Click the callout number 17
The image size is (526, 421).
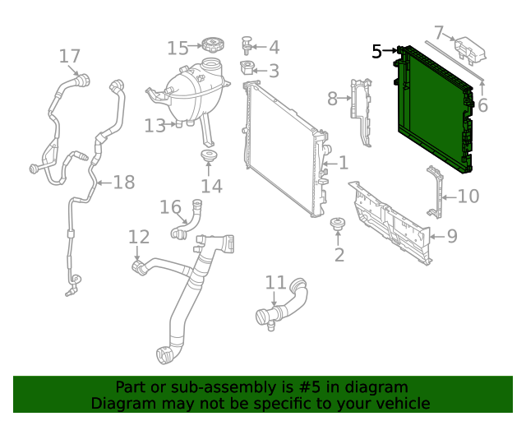tap(70, 56)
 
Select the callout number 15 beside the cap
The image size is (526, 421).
tap(178, 48)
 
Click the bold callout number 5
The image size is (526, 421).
tap(376, 52)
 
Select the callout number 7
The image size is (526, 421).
tap(439, 33)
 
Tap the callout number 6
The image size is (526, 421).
tap(482, 105)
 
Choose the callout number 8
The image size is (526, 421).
tap(332, 99)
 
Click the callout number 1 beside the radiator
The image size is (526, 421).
tap(343, 164)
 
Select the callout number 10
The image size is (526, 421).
tap(468, 196)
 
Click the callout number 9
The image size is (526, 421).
tap(451, 238)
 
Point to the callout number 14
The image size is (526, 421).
tap(211, 186)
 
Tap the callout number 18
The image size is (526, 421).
tap(123, 182)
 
